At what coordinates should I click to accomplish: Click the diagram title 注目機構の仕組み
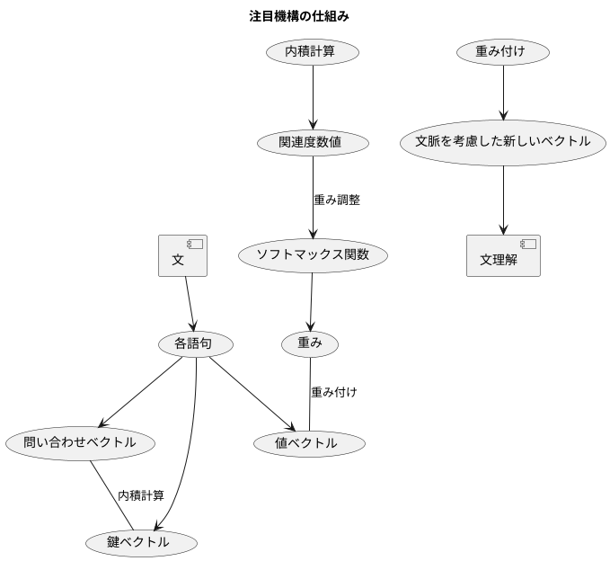coord(299,16)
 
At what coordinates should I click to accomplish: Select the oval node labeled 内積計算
coord(313,52)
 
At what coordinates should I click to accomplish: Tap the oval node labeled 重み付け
coord(503,52)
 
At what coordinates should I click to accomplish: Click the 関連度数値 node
coord(312,142)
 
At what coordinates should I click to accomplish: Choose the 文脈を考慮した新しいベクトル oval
coord(503,142)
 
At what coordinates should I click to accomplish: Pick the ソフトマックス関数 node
coord(313,254)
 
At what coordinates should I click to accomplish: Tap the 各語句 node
coord(196,343)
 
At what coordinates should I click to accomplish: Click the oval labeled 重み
coord(311,343)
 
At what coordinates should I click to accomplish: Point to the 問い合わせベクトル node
coord(79,442)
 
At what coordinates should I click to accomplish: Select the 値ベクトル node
coord(308,442)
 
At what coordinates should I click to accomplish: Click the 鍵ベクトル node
coord(139,542)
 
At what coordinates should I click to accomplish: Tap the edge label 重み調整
coord(337,200)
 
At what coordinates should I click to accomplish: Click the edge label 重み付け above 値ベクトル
coord(334,392)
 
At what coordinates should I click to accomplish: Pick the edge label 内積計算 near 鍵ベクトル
coord(141,495)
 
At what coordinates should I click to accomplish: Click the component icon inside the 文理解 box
coord(528,244)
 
